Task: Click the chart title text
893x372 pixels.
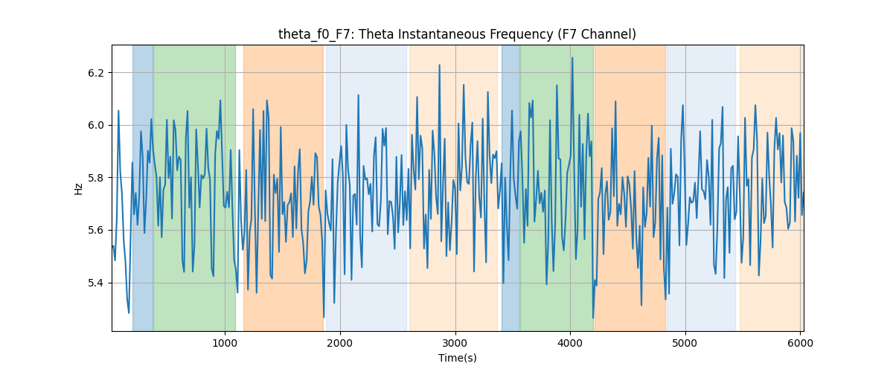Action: pos(457,34)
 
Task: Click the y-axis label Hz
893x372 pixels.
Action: pos(78,189)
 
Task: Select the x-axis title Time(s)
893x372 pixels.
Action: pos(457,358)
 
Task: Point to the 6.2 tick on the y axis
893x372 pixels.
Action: pos(95,73)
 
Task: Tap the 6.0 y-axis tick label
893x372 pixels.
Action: pos(95,125)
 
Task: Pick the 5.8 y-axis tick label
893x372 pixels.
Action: pos(95,178)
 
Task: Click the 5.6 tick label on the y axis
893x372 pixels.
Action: pos(95,231)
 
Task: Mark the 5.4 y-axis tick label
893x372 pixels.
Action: pos(95,283)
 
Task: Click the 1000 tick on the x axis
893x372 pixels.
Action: pos(225,343)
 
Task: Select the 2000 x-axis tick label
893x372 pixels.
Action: pos(340,343)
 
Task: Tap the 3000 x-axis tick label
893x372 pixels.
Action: pos(455,343)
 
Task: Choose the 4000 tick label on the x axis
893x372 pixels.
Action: pos(570,343)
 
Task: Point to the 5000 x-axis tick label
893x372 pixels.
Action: pos(685,343)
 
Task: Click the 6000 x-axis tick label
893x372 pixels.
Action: pos(800,343)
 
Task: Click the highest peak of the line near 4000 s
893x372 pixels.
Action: pos(572,57)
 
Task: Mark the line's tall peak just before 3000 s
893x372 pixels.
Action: pos(439,65)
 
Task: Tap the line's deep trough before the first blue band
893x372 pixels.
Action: pos(128,313)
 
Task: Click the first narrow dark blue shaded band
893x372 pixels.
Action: pos(143,187)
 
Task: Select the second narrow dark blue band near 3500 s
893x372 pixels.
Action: pos(510,187)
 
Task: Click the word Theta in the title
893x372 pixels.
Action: pos(377,34)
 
